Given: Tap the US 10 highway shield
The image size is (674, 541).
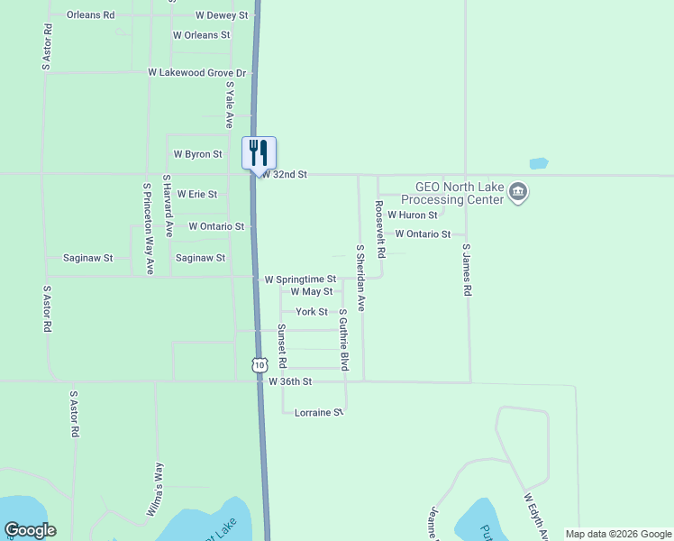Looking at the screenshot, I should tap(260, 365).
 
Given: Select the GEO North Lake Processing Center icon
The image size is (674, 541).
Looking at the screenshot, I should tap(518, 192).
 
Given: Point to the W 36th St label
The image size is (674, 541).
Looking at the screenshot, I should tap(290, 382).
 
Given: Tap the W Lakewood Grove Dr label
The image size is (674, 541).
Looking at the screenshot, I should tap(197, 72).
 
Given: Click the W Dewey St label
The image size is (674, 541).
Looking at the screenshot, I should tap(222, 15).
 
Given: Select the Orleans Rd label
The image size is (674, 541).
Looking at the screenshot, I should tap(91, 15).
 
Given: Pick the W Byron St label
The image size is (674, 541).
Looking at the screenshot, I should tap(198, 154).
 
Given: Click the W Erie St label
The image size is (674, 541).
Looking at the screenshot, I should tap(197, 194).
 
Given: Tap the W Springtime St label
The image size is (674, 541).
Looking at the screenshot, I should tap(300, 280).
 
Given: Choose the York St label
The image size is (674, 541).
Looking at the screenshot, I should tap(312, 312).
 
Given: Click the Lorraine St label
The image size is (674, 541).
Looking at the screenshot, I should tap(320, 412).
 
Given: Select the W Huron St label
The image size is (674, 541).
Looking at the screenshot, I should tap(413, 215).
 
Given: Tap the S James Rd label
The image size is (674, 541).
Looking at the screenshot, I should tap(467, 270).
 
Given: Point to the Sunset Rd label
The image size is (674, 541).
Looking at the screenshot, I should tap(282, 345).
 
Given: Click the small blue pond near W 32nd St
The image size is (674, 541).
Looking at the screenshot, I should tap(539, 164).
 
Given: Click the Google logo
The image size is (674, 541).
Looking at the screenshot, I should tap(30, 530).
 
